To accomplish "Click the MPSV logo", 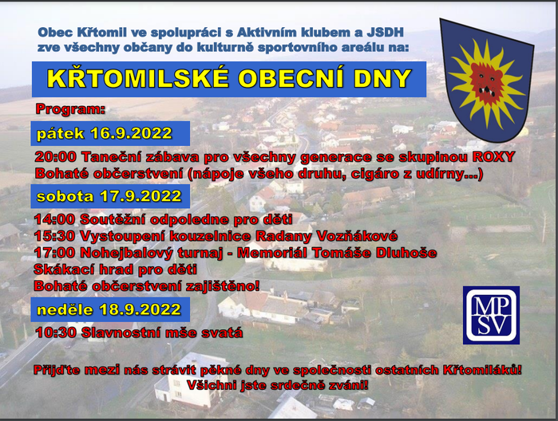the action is click(x=491, y=315).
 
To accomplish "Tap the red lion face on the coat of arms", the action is click(x=486, y=82).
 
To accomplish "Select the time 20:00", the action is click(x=56, y=157).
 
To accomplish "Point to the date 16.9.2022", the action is click(x=131, y=133).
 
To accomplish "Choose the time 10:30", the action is click(x=56, y=332).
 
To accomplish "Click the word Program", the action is click(x=70, y=109).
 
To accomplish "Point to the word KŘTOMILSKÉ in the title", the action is click(x=137, y=78).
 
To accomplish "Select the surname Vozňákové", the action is click(x=357, y=236).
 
